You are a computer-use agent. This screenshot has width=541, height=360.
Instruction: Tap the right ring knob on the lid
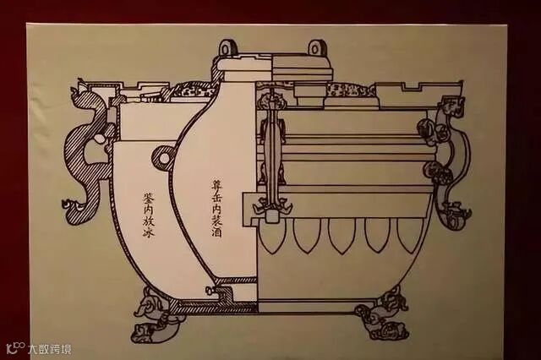coord(316,48)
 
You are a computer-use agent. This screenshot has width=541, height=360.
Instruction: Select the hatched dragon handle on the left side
coord(87,156)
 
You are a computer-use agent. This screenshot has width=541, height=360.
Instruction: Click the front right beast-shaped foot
coord(384,314)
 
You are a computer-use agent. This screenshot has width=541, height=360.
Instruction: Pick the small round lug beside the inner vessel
coord(164,157)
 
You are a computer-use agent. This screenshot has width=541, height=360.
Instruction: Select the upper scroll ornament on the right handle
coord(430,130)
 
